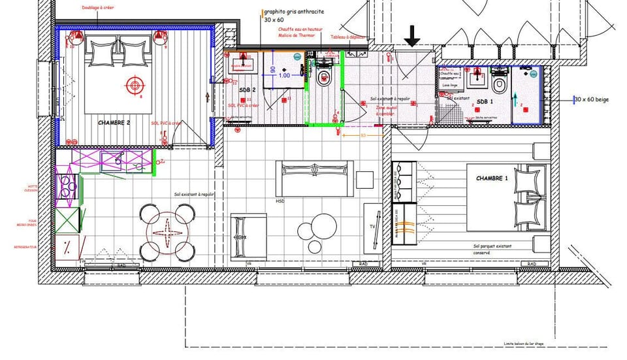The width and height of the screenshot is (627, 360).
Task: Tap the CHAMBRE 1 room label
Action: tap(492, 178)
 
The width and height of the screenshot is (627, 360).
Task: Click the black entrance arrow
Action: tap(411, 36)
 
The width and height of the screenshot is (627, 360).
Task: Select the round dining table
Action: tap(169, 232)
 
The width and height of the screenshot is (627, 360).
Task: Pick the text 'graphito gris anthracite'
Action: tap(294, 12)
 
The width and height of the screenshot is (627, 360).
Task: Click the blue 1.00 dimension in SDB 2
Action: tap(283, 75)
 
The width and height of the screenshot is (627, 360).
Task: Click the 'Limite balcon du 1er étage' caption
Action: tap(528, 344)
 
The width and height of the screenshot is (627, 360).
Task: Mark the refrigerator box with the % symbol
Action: tap(67, 247)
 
